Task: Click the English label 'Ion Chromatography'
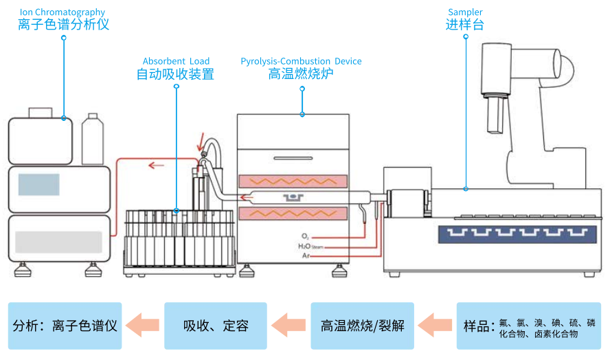click(63, 12)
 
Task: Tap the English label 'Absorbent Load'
click(176, 61)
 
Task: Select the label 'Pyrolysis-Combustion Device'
click(301, 61)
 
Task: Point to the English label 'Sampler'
click(465, 12)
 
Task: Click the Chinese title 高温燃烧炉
click(301, 74)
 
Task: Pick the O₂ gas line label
click(305, 236)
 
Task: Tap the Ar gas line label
click(306, 256)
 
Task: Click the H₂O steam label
click(310, 247)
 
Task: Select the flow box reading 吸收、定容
click(216, 326)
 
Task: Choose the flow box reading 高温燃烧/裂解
click(362, 326)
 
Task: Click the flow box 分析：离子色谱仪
click(65, 326)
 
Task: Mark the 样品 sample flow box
click(529, 326)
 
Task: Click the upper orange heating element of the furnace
click(293, 181)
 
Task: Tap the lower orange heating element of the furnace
click(293, 214)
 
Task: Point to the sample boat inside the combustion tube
click(293, 198)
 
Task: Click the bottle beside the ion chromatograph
click(93, 139)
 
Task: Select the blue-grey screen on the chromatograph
click(38, 184)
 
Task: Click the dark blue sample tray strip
click(517, 234)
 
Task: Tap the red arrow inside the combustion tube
click(247, 198)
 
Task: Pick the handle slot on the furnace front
click(293, 158)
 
